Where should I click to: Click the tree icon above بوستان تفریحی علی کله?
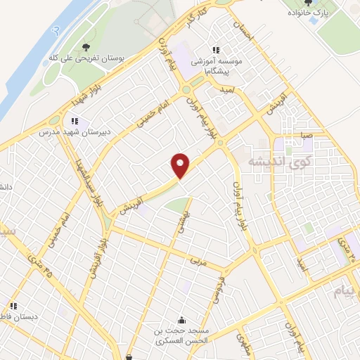(86, 47)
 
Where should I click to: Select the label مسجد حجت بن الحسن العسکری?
(182, 335)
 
